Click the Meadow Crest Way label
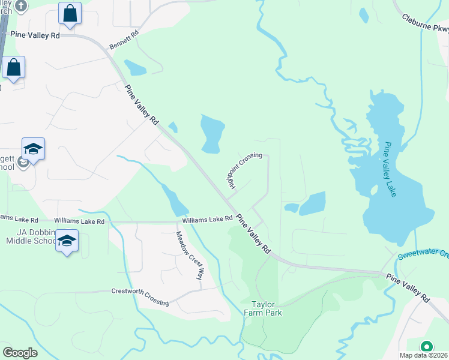(x=189, y=256)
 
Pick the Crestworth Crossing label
(x=140, y=297)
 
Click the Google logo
(x=20, y=352)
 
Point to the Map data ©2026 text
(x=423, y=355)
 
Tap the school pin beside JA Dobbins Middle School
(x=67, y=241)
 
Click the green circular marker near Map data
(x=426, y=346)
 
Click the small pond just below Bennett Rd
(x=134, y=67)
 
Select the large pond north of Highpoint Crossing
(x=212, y=133)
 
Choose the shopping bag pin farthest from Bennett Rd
(x=13, y=68)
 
